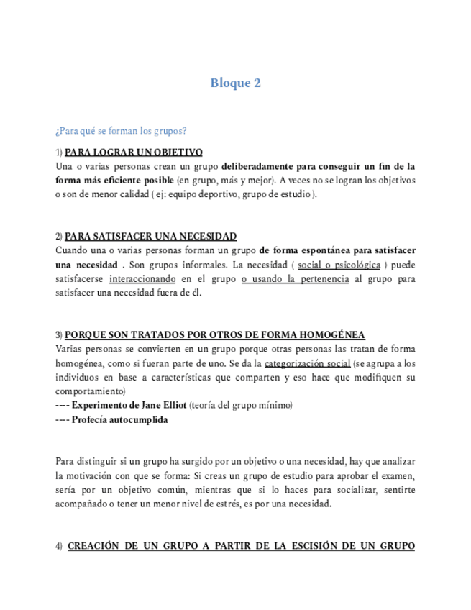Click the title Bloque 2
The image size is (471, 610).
point(235,83)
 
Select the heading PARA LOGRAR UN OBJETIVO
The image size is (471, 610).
point(133,152)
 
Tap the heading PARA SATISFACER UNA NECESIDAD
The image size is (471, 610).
point(150,236)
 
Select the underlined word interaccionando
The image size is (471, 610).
point(144,278)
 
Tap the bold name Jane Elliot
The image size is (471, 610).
point(160,405)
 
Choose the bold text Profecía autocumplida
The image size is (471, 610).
point(119,419)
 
